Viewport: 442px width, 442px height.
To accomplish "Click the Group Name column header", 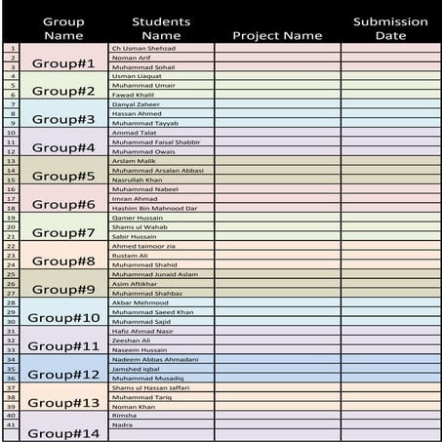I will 63,28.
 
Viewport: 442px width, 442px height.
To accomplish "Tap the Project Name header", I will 277,36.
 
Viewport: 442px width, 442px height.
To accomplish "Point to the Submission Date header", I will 390,28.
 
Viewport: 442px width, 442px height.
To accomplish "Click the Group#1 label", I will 63,63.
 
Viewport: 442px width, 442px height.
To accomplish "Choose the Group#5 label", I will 63,178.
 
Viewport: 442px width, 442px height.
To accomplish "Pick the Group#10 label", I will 63,318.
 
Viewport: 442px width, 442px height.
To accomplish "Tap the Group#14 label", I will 63,432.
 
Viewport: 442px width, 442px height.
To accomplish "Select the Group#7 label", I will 63,234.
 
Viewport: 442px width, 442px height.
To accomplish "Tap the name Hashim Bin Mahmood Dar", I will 154,208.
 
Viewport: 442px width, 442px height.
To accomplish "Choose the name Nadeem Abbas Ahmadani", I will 155,359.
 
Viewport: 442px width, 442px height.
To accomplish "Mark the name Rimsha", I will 125,416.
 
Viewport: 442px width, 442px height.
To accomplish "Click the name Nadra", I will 123,425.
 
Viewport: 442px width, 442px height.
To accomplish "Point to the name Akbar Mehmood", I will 141,302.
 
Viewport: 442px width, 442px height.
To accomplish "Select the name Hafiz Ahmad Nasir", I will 142,331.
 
